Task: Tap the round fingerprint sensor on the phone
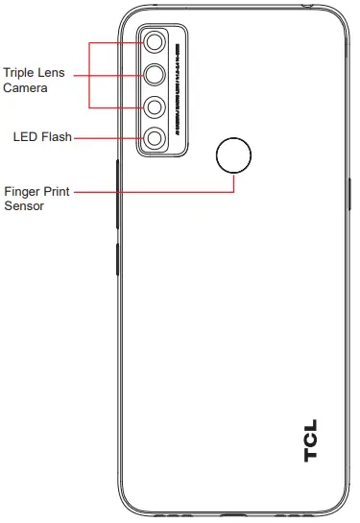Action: point(234,155)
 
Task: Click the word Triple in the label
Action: point(20,72)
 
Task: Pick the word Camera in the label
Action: point(26,87)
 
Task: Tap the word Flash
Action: point(58,138)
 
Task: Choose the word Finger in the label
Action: point(24,191)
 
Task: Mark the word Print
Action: point(63,191)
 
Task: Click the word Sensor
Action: point(25,206)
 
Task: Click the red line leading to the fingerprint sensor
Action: point(154,191)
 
